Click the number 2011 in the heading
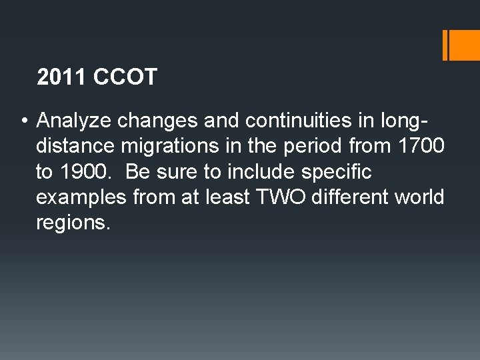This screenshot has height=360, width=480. tap(63, 77)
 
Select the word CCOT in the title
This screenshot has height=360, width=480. tap(125, 77)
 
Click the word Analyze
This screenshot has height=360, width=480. tap(74, 121)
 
